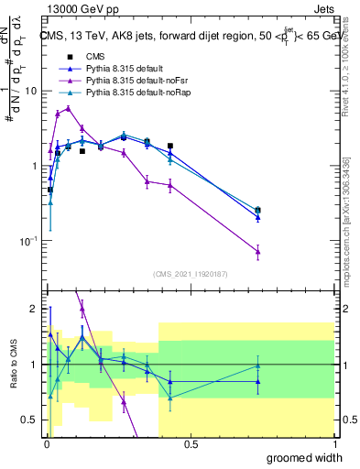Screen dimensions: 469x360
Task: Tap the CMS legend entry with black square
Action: point(83,56)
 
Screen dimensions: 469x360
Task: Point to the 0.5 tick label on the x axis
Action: point(190,445)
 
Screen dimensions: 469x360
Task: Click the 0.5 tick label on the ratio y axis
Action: point(29,420)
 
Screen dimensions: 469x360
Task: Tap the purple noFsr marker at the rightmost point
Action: point(258,251)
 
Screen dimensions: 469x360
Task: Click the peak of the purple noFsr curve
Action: point(68,108)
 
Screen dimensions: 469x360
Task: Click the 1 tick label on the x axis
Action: point(334,445)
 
